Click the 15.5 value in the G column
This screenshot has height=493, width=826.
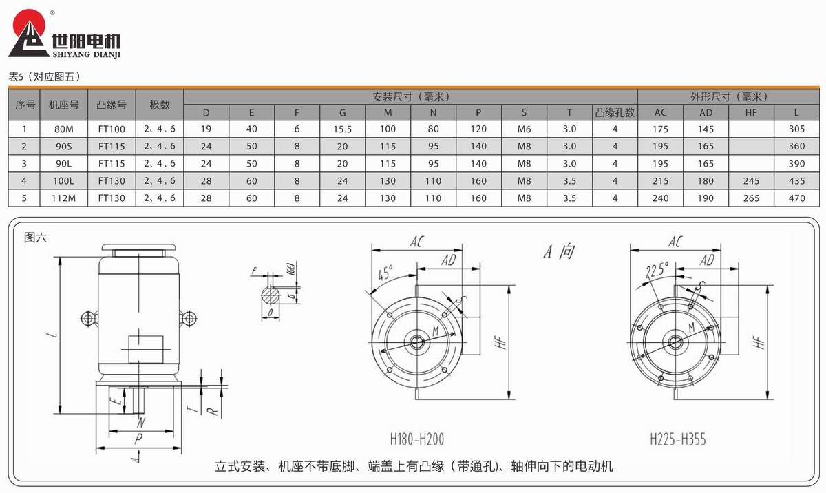[x=343, y=129]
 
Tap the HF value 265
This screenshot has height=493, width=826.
[x=752, y=198]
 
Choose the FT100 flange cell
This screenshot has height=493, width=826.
[x=112, y=129]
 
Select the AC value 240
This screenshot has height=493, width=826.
[x=661, y=198]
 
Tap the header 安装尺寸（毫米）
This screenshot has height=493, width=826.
[x=410, y=97]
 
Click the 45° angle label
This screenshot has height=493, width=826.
[x=383, y=272]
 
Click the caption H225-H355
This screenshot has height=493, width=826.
[x=678, y=439]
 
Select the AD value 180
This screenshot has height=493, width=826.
[x=706, y=181]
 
